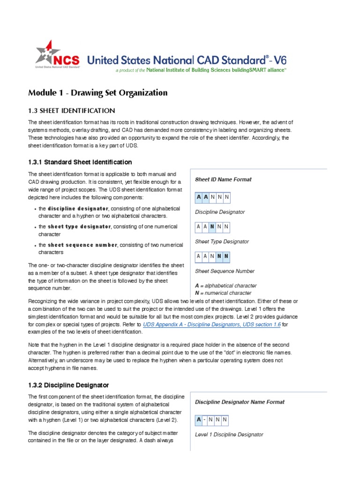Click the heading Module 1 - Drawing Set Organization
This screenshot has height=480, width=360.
pos(98,92)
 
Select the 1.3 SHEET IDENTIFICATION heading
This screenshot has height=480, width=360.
pos(72,111)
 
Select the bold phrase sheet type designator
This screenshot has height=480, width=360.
pos(79,226)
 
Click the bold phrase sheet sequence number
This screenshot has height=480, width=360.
pos(82,245)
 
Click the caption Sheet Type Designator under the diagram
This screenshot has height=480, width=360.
pos(222,241)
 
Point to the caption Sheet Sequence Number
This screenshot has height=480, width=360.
pos(225,271)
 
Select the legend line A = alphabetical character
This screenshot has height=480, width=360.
pos(225,285)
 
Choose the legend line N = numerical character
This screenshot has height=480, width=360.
pos(223,293)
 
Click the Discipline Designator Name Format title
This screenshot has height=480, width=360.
pos(240,402)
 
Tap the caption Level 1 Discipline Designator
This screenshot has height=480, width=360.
pos(229,435)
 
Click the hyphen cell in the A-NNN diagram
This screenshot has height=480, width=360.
pos(205,420)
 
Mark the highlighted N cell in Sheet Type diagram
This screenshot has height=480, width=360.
pos(213,227)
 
